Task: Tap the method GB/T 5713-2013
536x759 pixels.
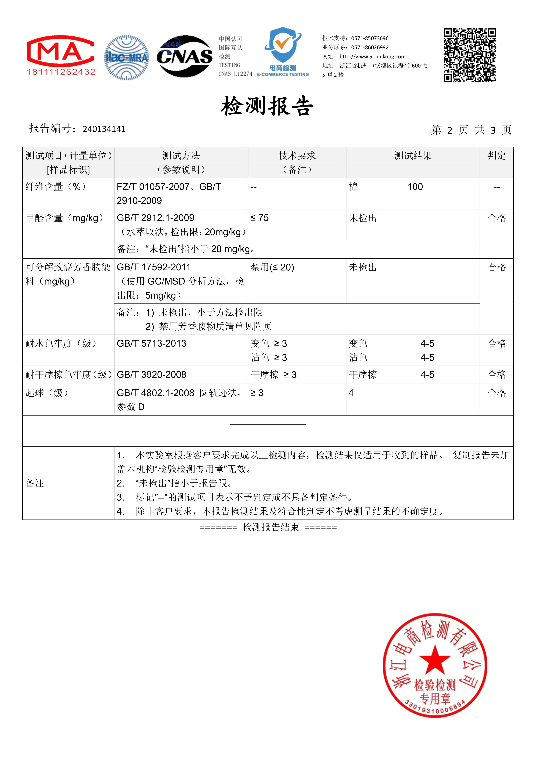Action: [x=152, y=343]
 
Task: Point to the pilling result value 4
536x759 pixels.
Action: [x=351, y=393]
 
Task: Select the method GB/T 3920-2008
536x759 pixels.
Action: [x=152, y=375]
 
